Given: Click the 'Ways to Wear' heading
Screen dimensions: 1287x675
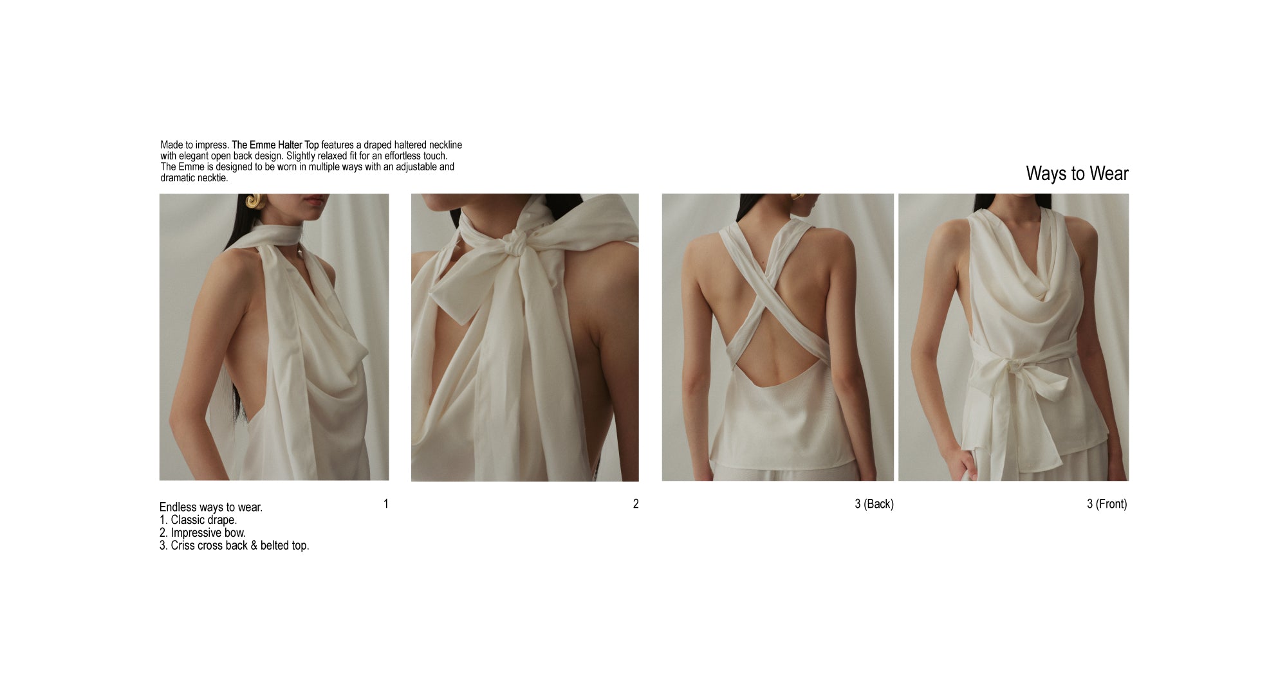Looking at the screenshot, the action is tap(1077, 174).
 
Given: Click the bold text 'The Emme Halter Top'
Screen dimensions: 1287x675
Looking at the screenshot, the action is tap(275, 145).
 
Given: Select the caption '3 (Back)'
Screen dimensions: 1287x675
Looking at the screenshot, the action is tap(874, 504).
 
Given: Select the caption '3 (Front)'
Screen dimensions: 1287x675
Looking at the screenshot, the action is tap(1107, 504).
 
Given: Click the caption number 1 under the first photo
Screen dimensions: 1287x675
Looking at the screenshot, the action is tap(386, 504).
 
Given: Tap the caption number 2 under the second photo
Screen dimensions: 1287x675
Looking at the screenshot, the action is tap(636, 504).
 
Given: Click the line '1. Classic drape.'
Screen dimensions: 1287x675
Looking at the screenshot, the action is tap(198, 520).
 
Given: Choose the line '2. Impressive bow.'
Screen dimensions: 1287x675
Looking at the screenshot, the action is tap(203, 533).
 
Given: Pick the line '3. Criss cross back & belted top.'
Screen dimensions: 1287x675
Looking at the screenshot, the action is tap(234, 546).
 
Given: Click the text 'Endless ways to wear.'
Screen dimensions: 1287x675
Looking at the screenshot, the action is tap(211, 507).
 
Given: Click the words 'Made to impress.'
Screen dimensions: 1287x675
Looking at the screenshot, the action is tap(194, 145).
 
